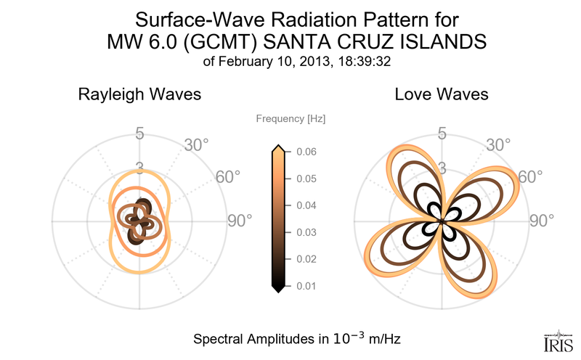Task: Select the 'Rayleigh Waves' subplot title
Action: click(x=139, y=94)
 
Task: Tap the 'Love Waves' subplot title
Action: click(x=441, y=94)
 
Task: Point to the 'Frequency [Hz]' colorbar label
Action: click(x=290, y=118)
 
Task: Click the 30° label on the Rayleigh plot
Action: click(x=197, y=145)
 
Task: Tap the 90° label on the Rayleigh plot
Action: click(x=239, y=221)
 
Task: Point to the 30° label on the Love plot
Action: click(x=498, y=145)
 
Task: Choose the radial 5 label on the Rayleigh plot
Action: click(x=140, y=134)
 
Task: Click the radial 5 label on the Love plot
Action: click(x=442, y=134)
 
